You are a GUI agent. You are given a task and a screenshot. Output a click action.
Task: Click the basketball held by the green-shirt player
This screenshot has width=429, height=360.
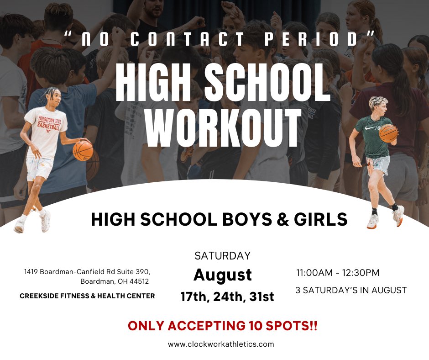point(388,133)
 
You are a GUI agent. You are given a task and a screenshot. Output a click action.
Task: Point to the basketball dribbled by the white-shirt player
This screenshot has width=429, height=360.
point(83,150)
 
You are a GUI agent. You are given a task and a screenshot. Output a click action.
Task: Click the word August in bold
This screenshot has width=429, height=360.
point(223,275)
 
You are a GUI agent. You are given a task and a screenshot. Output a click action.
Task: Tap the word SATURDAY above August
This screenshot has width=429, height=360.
point(223,255)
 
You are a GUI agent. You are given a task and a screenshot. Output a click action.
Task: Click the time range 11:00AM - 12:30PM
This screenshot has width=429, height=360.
point(338,273)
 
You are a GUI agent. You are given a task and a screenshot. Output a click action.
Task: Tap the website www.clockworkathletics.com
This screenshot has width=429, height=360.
point(221,344)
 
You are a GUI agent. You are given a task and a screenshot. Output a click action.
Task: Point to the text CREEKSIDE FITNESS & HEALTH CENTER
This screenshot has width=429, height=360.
point(87,296)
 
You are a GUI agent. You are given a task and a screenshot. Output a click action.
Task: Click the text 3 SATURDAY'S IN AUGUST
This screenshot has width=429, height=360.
point(351,290)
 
